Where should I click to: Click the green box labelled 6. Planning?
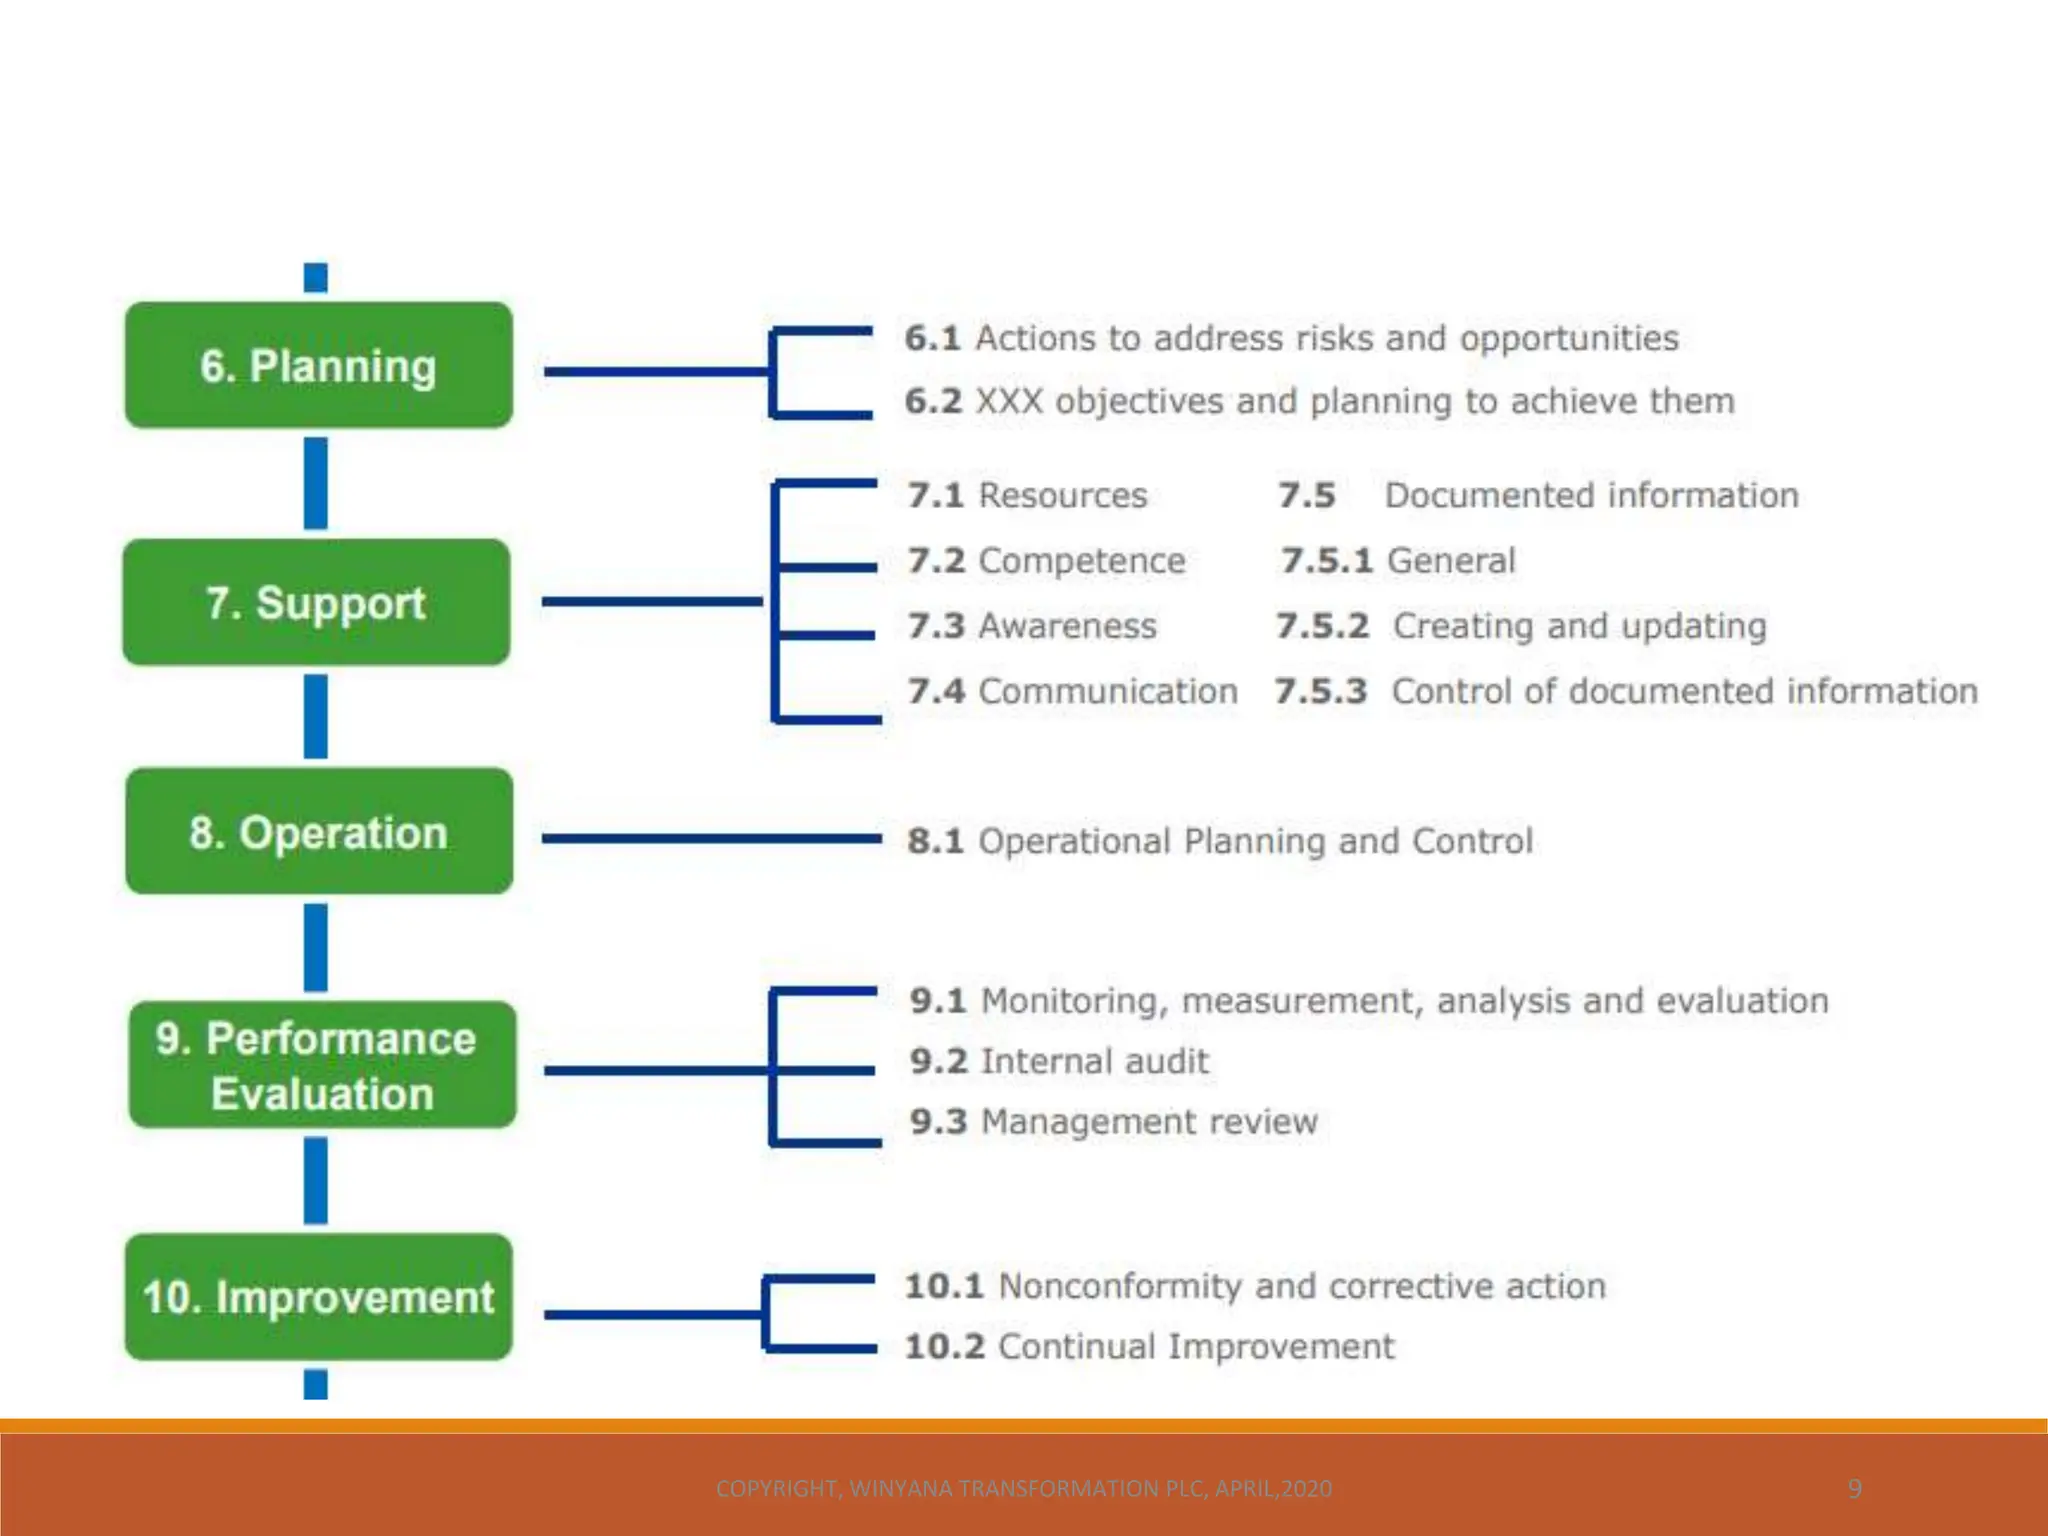coord(318,365)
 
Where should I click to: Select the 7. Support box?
coord(316,602)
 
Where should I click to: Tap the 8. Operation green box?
coord(318,831)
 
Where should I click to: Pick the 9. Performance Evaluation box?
coord(322,1065)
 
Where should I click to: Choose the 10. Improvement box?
coord(318,1297)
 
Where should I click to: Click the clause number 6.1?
coord(932,338)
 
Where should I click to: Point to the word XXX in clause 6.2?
coord(1009,401)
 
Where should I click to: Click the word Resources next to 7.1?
coord(1062,495)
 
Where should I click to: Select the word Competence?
coord(1081,561)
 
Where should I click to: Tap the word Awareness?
coord(1067,626)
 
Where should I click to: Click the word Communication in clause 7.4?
coord(1107,691)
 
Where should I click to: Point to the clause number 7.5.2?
coord(1322,626)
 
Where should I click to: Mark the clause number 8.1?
coord(935,841)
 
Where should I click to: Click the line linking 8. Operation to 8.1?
coord(710,838)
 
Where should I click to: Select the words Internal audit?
coord(1094,1061)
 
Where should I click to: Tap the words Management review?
coord(1149,1122)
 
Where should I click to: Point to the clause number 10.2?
coord(945,1347)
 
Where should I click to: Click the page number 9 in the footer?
coord(1854,1488)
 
